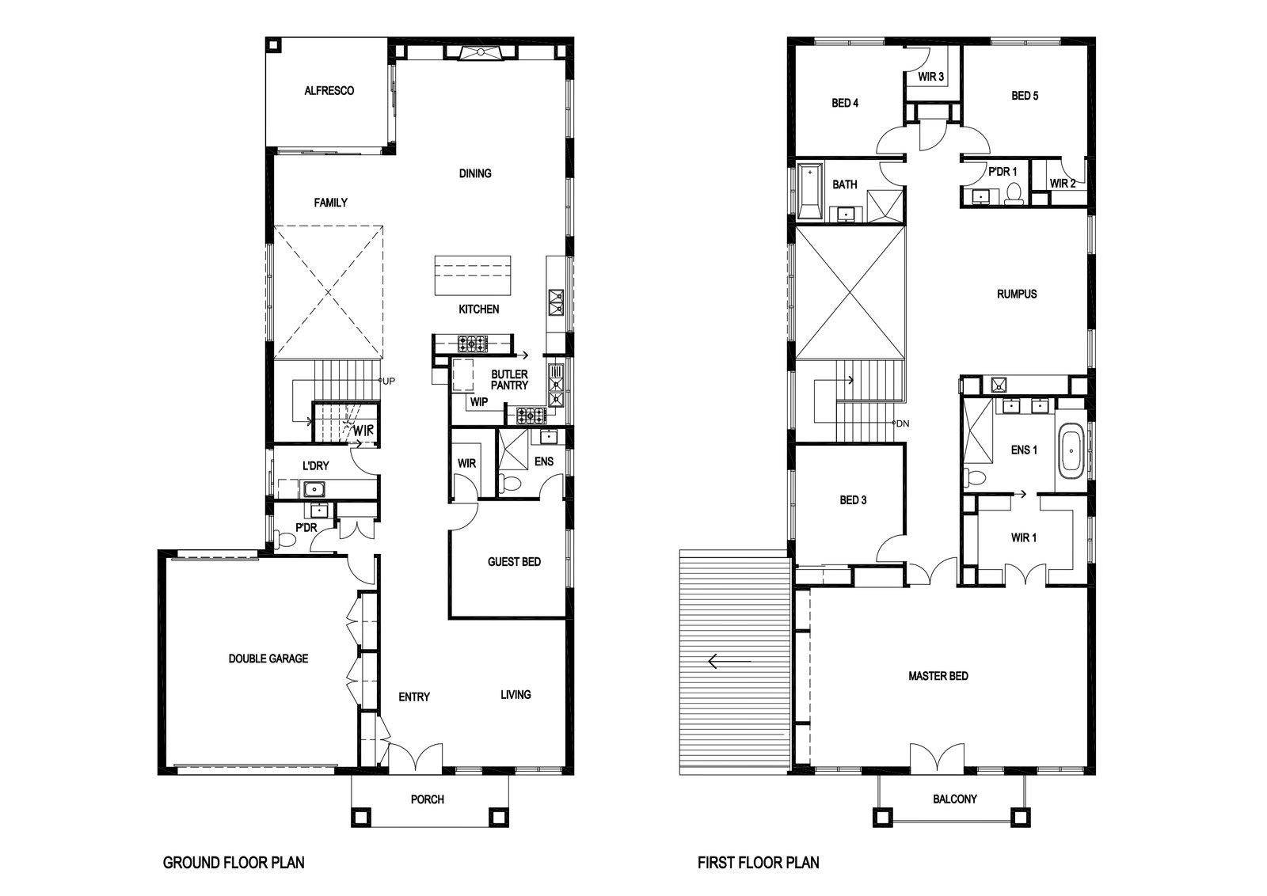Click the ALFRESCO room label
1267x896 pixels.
329,90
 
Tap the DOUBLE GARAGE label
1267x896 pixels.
268,659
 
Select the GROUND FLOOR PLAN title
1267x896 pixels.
234,863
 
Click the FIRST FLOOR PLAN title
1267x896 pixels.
759,863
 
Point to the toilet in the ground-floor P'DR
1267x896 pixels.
283,539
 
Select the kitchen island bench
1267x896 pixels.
473,275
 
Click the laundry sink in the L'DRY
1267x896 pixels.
314,489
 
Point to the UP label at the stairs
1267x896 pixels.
389,381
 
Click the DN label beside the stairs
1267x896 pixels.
904,423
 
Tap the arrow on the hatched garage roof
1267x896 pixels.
729,661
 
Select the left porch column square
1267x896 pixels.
361,818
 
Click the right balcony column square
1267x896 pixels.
1020,818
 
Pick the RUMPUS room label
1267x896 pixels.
1017,294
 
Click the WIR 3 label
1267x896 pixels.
930,76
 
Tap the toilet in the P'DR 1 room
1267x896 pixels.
1014,193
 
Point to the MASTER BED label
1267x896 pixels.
938,675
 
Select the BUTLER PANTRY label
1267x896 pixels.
509,380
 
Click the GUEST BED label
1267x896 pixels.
514,562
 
